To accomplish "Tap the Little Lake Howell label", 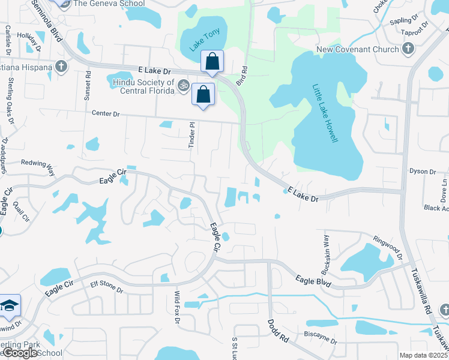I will click(325, 113).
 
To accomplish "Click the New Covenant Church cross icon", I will click(408, 49).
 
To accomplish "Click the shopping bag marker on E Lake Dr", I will click(212, 61).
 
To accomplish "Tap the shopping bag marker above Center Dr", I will click(203, 94).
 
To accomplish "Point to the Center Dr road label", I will click(106, 113).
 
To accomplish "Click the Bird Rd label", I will click(242, 76).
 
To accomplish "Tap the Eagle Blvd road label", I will click(313, 280).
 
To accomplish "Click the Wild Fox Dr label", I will click(177, 307).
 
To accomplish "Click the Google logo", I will click(20, 353).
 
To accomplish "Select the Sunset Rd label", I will click(88, 85).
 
